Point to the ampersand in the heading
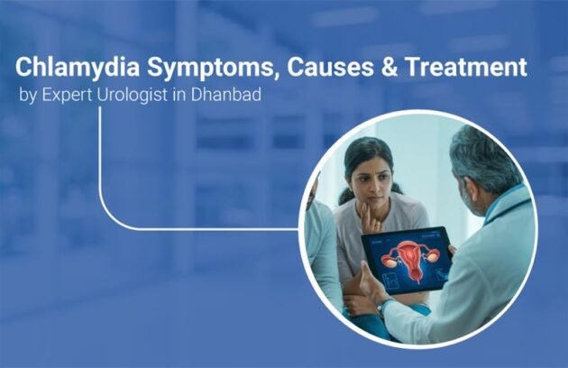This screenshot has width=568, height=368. tap(362, 69)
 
